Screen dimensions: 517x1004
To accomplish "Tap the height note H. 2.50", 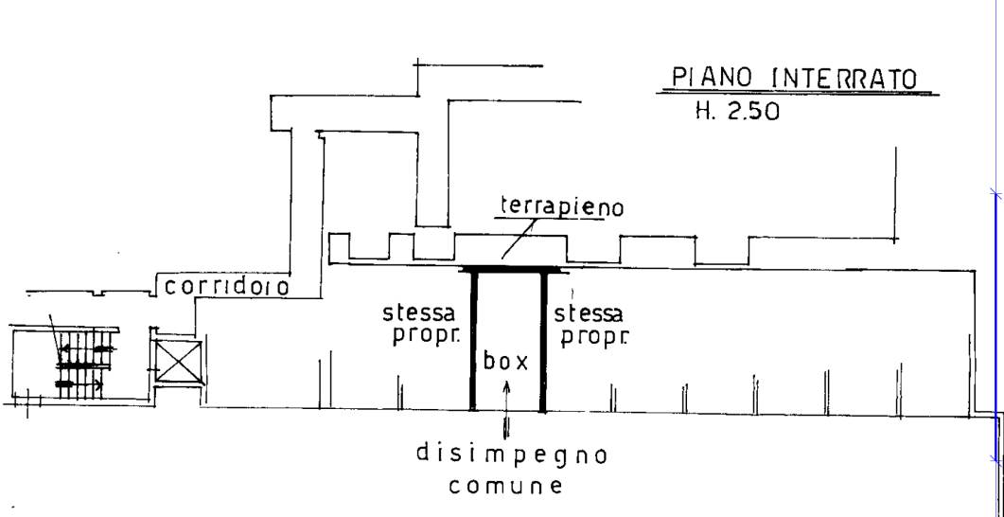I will (737, 112).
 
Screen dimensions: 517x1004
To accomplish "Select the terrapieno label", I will (561, 207).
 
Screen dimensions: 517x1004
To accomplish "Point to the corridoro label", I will (227, 286).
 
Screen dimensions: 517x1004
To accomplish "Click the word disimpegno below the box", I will (511, 455).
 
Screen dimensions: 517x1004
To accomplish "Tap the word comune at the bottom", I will (505, 487).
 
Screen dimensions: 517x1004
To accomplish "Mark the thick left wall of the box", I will (473, 341).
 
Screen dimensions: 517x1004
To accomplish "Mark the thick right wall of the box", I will (543, 341).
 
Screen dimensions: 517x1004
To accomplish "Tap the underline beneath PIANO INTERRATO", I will (795, 93).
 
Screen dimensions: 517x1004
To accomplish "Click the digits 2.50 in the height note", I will (753, 112).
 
